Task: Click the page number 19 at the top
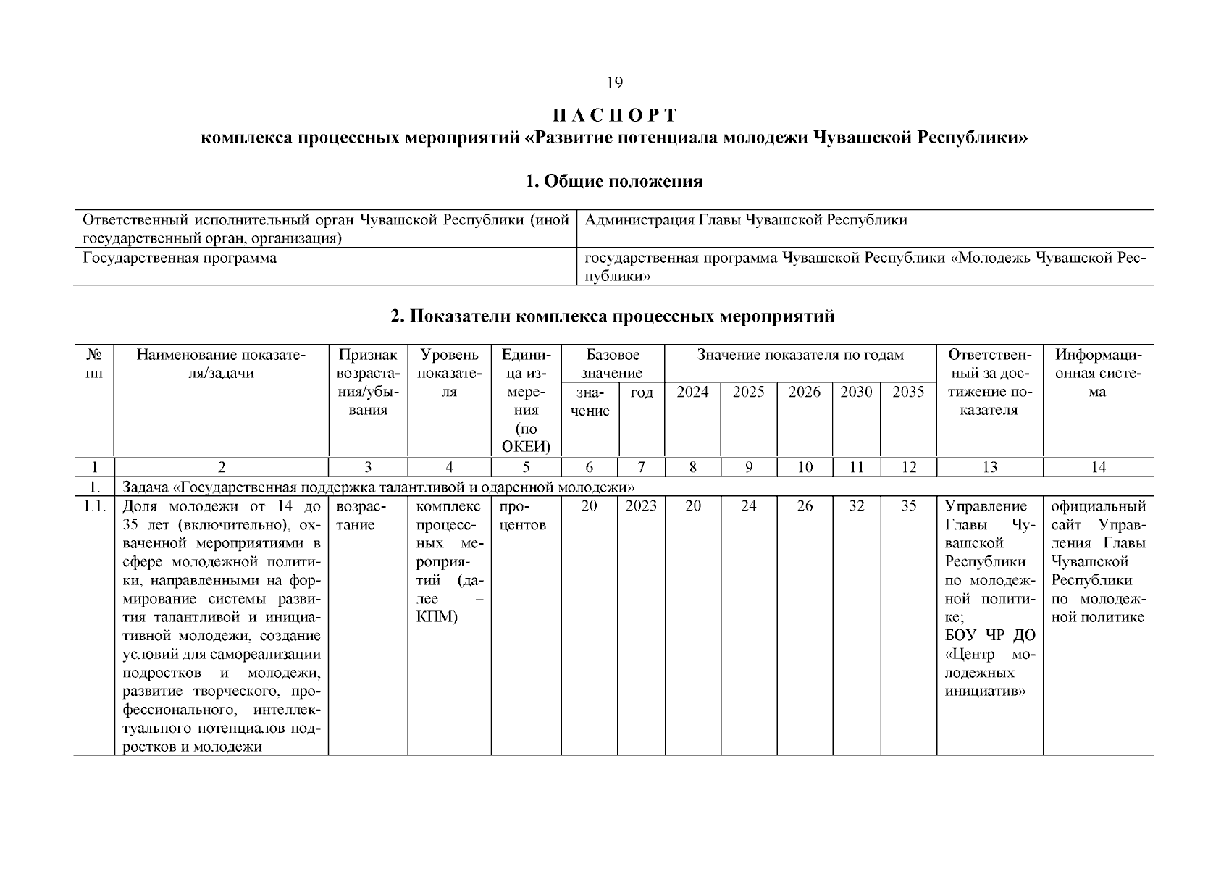pyautogui.click(x=614, y=83)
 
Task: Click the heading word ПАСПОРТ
pyautogui.click(x=614, y=116)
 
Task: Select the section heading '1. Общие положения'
pyautogui.click(x=613, y=181)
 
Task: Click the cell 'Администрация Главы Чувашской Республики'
pyautogui.click(x=745, y=220)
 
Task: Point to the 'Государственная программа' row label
pyautogui.click(x=180, y=259)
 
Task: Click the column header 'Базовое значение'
pyautogui.click(x=613, y=364)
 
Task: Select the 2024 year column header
pyautogui.click(x=692, y=392)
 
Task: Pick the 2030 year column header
pyautogui.click(x=856, y=392)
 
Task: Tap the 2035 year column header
pyautogui.click(x=908, y=392)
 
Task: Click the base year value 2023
pyautogui.click(x=641, y=506)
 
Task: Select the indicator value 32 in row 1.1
pyautogui.click(x=856, y=506)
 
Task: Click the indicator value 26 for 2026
pyautogui.click(x=805, y=506)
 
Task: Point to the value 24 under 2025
pyautogui.click(x=748, y=506)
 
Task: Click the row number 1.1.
pyautogui.click(x=93, y=506)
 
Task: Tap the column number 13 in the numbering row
pyautogui.click(x=989, y=468)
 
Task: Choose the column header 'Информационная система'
pyautogui.click(x=1098, y=374)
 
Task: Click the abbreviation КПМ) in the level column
pyautogui.click(x=437, y=618)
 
